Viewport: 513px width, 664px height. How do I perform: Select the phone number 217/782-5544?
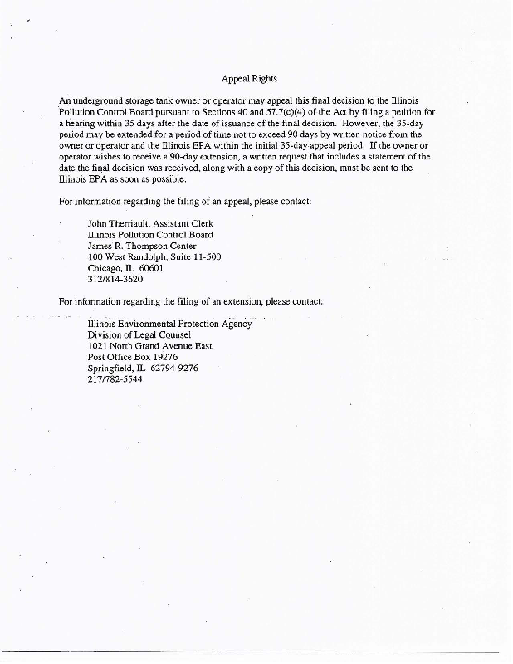(115, 379)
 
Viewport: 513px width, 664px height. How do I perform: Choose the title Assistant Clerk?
(189, 223)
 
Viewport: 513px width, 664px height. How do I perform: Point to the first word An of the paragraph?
(66, 100)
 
